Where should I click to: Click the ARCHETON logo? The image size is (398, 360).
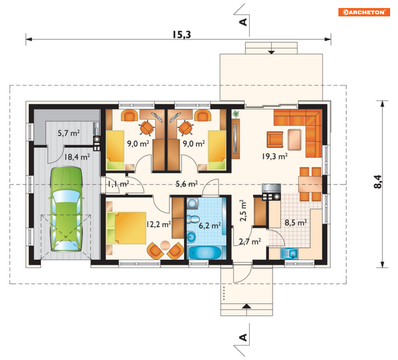[x=364, y=12]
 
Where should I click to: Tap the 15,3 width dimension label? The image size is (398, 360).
[x=182, y=35]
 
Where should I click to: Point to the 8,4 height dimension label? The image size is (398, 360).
[x=378, y=182]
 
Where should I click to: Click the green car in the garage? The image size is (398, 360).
[x=66, y=209]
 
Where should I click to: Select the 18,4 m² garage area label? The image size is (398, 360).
[x=77, y=157]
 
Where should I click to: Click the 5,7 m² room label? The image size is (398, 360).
[x=68, y=133]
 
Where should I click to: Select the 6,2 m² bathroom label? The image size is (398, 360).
[x=210, y=226]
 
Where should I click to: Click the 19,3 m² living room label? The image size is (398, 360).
[x=275, y=156]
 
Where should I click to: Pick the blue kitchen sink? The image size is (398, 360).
[x=289, y=254]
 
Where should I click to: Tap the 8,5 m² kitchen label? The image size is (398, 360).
[x=296, y=223]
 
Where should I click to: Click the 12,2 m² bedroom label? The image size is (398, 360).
[x=159, y=224]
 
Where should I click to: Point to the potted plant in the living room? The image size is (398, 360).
[x=236, y=114]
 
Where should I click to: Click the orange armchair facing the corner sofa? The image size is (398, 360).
[x=275, y=139]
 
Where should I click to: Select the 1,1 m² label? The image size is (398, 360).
[x=118, y=184]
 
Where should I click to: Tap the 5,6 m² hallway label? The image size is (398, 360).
[x=187, y=184]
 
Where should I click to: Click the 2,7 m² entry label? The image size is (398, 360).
[x=250, y=242]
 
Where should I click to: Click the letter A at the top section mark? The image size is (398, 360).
[x=243, y=22]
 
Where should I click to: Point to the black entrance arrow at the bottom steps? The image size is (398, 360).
[x=246, y=306]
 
